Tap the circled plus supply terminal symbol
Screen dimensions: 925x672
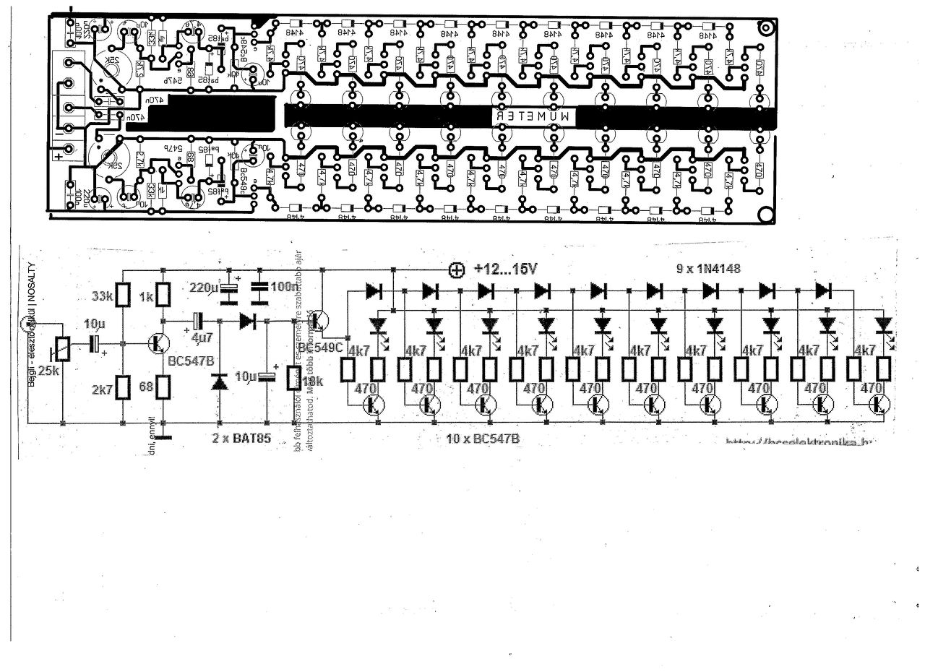click(456, 270)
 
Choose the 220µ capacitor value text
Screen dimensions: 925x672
click(204, 288)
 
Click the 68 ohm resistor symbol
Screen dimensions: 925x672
click(163, 387)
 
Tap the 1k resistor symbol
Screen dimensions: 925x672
click(163, 294)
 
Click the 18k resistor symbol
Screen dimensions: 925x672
click(294, 377)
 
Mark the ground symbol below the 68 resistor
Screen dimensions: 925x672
click(163, 436)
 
